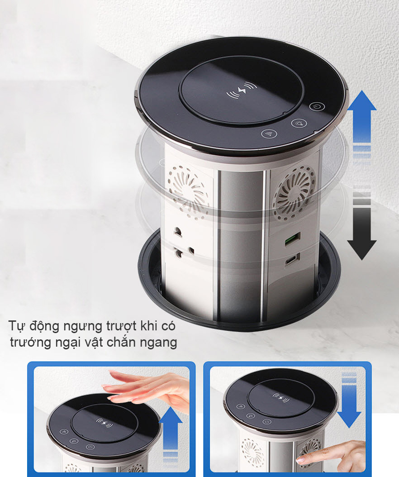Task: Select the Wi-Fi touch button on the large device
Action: click(269, 134)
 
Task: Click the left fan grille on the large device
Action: click(189, 187)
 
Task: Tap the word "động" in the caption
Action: click(37, 326)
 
